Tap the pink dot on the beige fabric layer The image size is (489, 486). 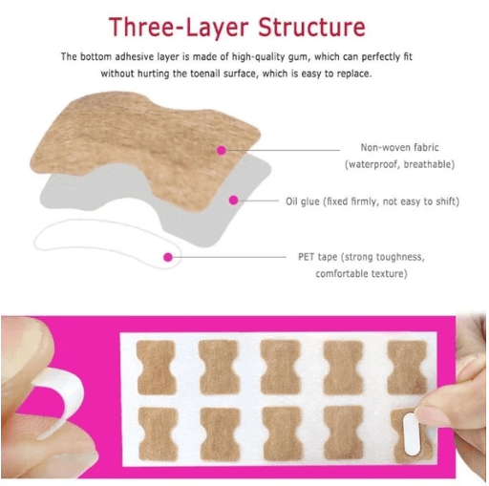tap(222, 150)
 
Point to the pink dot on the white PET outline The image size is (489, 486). tap(168, 256)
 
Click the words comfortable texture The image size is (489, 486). tap(361, 275)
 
